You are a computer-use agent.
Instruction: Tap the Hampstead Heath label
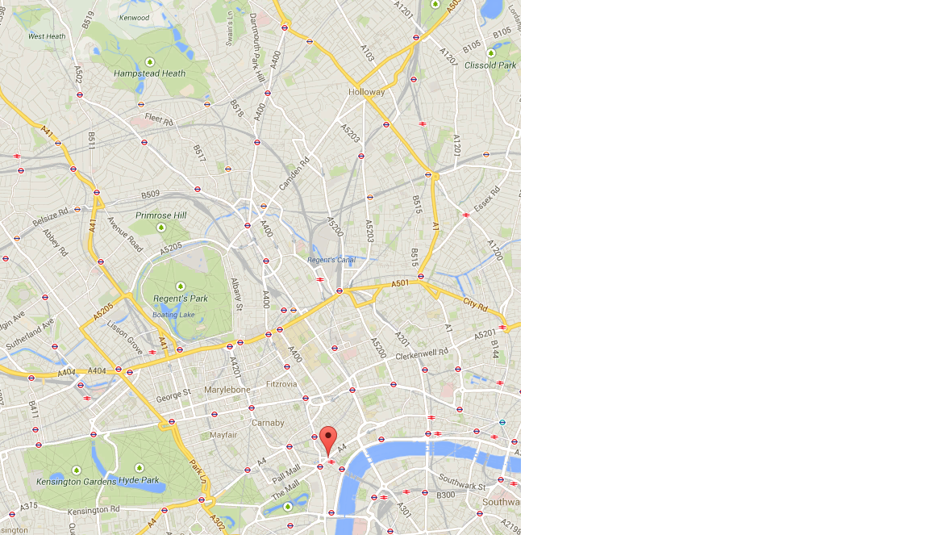(149, 73)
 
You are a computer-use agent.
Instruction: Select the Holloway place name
(367, 92)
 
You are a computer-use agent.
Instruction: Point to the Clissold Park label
(490, 65)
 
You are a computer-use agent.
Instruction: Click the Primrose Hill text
(160, 215)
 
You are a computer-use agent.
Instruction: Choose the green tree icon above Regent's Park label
(180, 286)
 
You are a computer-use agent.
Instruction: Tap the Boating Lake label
(174, 315)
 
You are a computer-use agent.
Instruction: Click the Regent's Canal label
(331, 260)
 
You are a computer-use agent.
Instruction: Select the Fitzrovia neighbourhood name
(281, 384)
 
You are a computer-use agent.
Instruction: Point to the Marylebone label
(227, 390)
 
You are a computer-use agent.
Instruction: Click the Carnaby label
(268, 423)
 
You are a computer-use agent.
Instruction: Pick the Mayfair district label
(223, 435)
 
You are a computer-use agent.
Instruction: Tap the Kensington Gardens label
(70, 482)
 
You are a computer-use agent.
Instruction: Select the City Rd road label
(475, 303)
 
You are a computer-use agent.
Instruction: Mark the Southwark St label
(461, 486)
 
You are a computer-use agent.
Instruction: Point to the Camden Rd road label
(294, 174)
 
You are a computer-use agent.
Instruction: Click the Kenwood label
(134, 17)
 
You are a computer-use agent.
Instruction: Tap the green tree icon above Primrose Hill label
(160, 228)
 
